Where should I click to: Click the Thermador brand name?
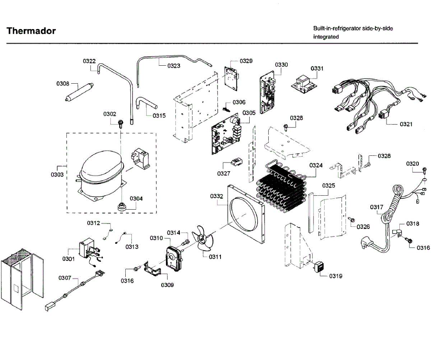point(31,31)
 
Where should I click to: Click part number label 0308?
point(62,84)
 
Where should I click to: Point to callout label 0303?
point(57,175)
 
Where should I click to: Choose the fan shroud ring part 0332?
point(246,215)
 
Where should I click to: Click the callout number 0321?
point(406,124)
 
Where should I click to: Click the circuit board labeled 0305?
point(226,136)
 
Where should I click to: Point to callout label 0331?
point(317,68)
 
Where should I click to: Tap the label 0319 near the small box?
point(336,276)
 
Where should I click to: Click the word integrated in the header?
point(326,37)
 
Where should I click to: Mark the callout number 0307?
point(65,278)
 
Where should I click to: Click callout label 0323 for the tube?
point(174,66)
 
